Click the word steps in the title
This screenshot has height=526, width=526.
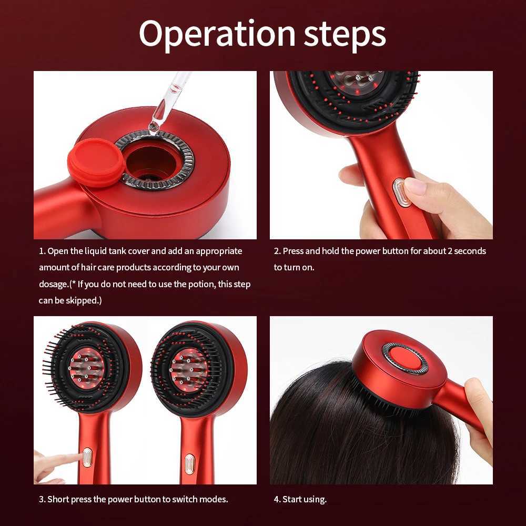coord(345,35)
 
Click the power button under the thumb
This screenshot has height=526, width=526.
coord(401,193)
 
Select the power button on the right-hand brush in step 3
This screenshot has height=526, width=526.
coord(189,463)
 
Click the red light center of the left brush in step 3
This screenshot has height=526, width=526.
coord(87,366)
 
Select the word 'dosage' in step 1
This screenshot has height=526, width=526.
coord(53,284)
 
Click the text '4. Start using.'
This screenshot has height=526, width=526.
coord(300,499)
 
